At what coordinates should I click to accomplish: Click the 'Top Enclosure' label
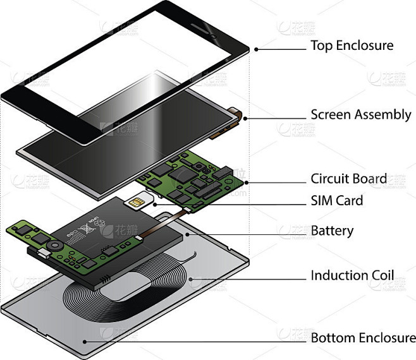(x=352, y=46)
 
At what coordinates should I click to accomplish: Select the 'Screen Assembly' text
(x=360, y=115)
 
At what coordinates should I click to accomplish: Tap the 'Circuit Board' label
(x=348, y=179)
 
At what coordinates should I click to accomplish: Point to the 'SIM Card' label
(x=336, y=201)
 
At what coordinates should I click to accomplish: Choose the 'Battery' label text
(x=332, y=231)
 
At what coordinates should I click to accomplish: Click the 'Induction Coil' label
(x=352, y=276)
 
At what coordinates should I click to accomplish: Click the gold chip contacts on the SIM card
(x=135, y=203)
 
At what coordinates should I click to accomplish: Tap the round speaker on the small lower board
(x=55, y=244)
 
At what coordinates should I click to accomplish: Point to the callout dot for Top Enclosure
(x=255, y=49)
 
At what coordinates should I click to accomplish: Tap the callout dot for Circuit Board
(x=245, y=183)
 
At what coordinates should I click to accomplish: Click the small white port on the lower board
(x=42, y=253)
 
